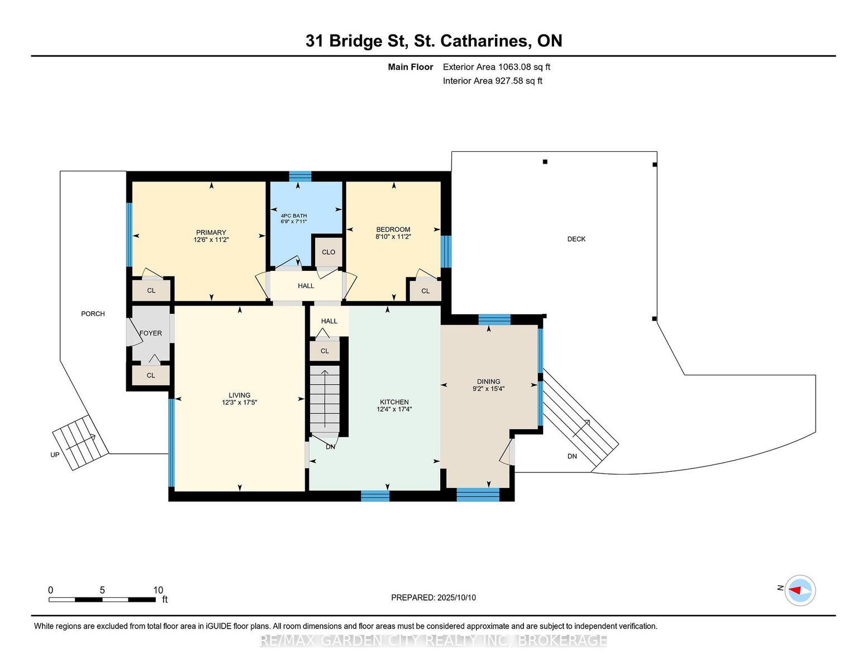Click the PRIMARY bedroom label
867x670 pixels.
pos(211,232)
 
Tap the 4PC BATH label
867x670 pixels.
pos(294,216)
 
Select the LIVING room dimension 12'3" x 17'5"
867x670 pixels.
pos(240,403)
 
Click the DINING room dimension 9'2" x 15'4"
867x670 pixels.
pos(488,389)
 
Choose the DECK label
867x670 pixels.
pos(577,239)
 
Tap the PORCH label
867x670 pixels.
pos(93,314)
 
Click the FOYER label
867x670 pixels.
pos(151,333)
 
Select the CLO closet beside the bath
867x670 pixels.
pos(328,252)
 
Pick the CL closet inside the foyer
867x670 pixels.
pos(151,375)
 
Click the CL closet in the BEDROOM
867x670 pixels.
pos(426,291)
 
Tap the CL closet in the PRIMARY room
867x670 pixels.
pos(151,290)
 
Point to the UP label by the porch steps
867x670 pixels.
pos(55,455)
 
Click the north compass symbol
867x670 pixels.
pos(800,590)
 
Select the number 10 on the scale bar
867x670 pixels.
pos(159,590)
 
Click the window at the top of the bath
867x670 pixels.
pos(300,176)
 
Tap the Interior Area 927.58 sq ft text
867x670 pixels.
pos(492,81)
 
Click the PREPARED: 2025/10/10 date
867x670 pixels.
pos(433,597)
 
